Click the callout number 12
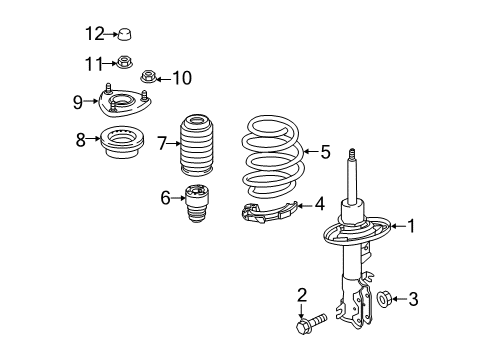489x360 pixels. pos(94,34)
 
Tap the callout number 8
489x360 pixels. pos(81,141)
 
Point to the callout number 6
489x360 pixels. pos(165,197)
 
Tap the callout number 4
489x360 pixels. pos(319,203)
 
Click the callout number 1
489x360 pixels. pos(409,226)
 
